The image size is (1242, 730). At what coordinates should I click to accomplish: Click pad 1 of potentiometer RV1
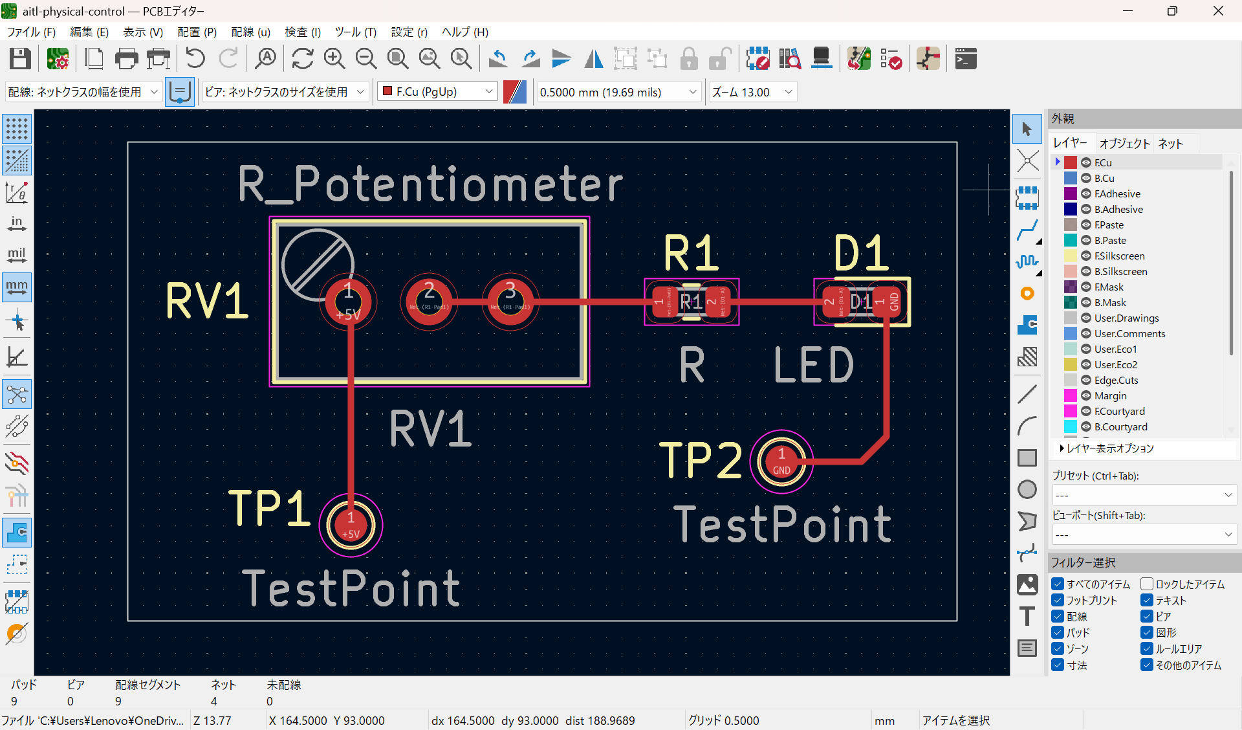coord(348,302)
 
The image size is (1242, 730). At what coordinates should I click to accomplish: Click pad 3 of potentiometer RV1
coord(510,302)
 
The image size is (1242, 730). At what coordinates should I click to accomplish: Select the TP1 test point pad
coord(351,525)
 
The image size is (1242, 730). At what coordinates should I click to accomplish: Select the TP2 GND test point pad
coord(781,461)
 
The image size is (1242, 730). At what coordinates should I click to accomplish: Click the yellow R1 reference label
coord(691,253)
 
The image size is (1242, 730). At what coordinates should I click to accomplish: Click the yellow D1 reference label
coord(861,253)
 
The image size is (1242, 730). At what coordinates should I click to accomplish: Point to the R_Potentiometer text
coord(430,184)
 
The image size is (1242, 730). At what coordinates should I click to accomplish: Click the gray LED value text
coord(814,366)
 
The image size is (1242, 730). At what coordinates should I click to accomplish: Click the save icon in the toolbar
coord(20,59)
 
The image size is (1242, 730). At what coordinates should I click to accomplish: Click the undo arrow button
coord(195,59)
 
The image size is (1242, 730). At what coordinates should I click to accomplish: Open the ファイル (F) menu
coord(31,32)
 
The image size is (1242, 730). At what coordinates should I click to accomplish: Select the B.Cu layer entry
coord(1104,178)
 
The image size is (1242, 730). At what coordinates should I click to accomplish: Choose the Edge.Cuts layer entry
coord(1116,380)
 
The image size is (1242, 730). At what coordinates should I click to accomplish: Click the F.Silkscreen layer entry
coord(1119,256)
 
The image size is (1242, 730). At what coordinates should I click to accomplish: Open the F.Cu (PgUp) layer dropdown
coord(437,92)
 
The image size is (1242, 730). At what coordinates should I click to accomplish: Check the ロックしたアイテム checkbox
coord(1147,584)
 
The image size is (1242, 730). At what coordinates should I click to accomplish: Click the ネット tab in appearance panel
coord(1170,144)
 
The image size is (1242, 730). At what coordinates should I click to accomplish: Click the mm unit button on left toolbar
coord(17,287)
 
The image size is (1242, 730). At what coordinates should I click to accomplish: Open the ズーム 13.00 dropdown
coord(752,92)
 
